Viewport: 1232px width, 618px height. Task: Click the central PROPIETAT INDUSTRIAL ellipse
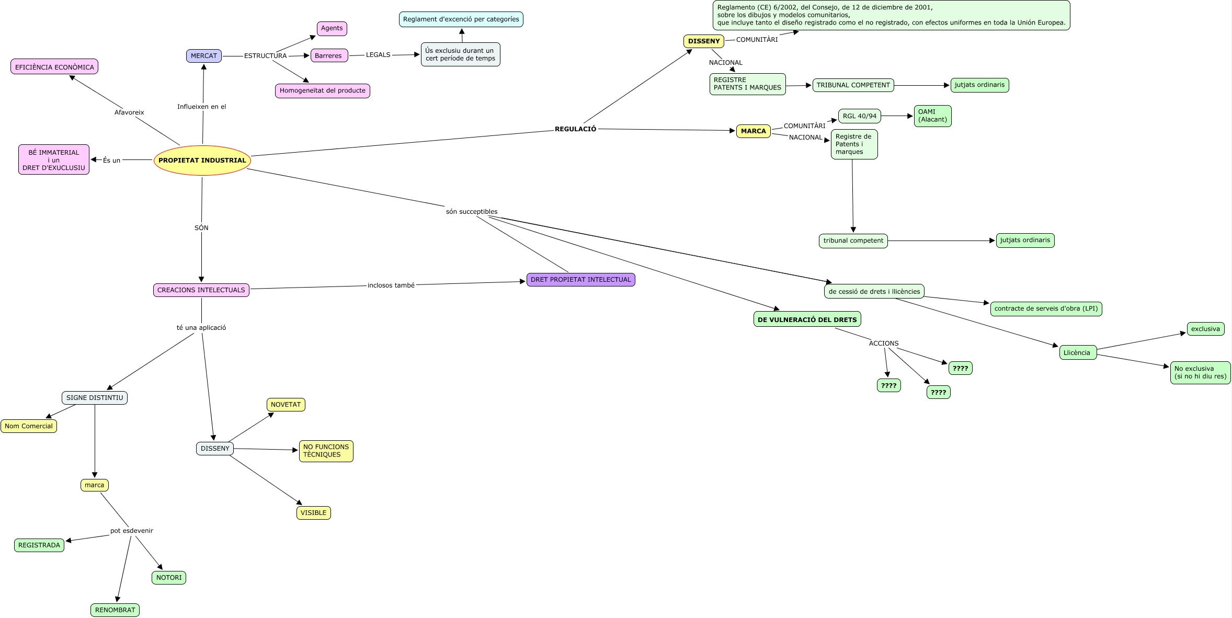click(x=202, y=161)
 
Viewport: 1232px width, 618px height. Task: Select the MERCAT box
click(x=204, y=56)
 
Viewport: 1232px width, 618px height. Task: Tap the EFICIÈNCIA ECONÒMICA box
click(x=54, y=67)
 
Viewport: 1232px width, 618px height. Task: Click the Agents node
click(x=332, y=28)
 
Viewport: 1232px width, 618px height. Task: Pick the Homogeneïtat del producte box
click(x=322, y=90)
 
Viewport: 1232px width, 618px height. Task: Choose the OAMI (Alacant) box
click(x=932, y=116)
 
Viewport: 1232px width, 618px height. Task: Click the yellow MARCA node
click(x=753, y=131)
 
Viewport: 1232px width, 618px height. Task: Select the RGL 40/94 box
click(x=859, y=116)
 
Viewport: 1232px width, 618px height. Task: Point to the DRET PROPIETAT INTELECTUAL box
click(x=580, y=280)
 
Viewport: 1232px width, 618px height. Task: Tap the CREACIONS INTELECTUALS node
click(x=201, y=290)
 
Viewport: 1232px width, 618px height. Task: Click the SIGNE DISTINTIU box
click(x=95, y=398)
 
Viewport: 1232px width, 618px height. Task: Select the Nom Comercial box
click(x=29, y=426)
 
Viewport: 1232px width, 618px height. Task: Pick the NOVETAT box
click(x=286, y=405)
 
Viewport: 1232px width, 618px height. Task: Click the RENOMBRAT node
click(x=115, y=610)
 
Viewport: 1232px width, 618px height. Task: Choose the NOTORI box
click(x=169, y=578)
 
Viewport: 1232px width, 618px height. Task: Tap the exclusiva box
click(x=1205, y=329)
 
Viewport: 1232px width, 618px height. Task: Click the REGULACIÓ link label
click(x=575, y=129)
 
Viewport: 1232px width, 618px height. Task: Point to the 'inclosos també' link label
click(x=391, y=285)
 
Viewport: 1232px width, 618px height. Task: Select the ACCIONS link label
click(x=884, y=344)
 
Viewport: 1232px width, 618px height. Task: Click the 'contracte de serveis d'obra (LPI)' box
click(x=1046, y=309)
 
